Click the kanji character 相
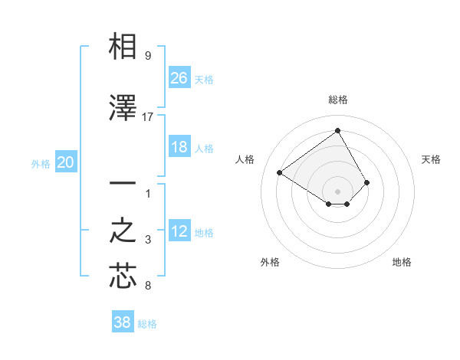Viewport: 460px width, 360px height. point(123,47)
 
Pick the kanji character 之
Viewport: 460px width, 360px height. point(123,231)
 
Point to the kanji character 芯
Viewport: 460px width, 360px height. point(123,276)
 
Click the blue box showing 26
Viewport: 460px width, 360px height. point(179,77)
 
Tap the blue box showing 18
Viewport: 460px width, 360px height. point(179,147)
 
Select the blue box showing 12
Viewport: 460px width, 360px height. point(179,231)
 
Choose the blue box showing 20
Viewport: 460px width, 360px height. point(66,162)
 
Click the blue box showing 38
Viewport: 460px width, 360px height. point(123,322)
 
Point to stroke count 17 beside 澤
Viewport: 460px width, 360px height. point(148,117)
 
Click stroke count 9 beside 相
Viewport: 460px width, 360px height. point(147,56)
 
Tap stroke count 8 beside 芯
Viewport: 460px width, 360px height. point(147,286)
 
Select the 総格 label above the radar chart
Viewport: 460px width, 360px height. point(337,100)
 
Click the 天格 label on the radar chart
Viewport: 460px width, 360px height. point(431,159)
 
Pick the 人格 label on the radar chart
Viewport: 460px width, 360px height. point(245,159)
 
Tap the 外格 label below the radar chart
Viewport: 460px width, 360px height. point(270,262)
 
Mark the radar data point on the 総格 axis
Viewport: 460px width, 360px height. point(337,130)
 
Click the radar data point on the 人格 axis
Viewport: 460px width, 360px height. point(280,172)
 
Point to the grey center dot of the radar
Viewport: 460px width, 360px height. point(337,191)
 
